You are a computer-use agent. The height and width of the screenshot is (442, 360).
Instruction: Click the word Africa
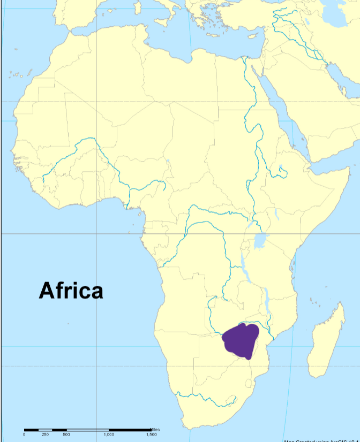[71, 291]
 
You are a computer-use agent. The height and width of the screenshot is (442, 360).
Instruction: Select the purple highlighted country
[241, 340]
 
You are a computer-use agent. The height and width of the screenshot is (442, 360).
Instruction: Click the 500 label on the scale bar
[66, 435]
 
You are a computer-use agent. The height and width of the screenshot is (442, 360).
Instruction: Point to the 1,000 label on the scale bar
[109, 435]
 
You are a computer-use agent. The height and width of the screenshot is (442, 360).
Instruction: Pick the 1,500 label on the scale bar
[151, 435]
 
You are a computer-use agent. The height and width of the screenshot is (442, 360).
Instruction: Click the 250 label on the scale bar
[46, 435]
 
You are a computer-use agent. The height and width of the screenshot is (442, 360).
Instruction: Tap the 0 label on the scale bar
[24, 435]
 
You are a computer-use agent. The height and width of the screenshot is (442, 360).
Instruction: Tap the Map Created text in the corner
[321, 440]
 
